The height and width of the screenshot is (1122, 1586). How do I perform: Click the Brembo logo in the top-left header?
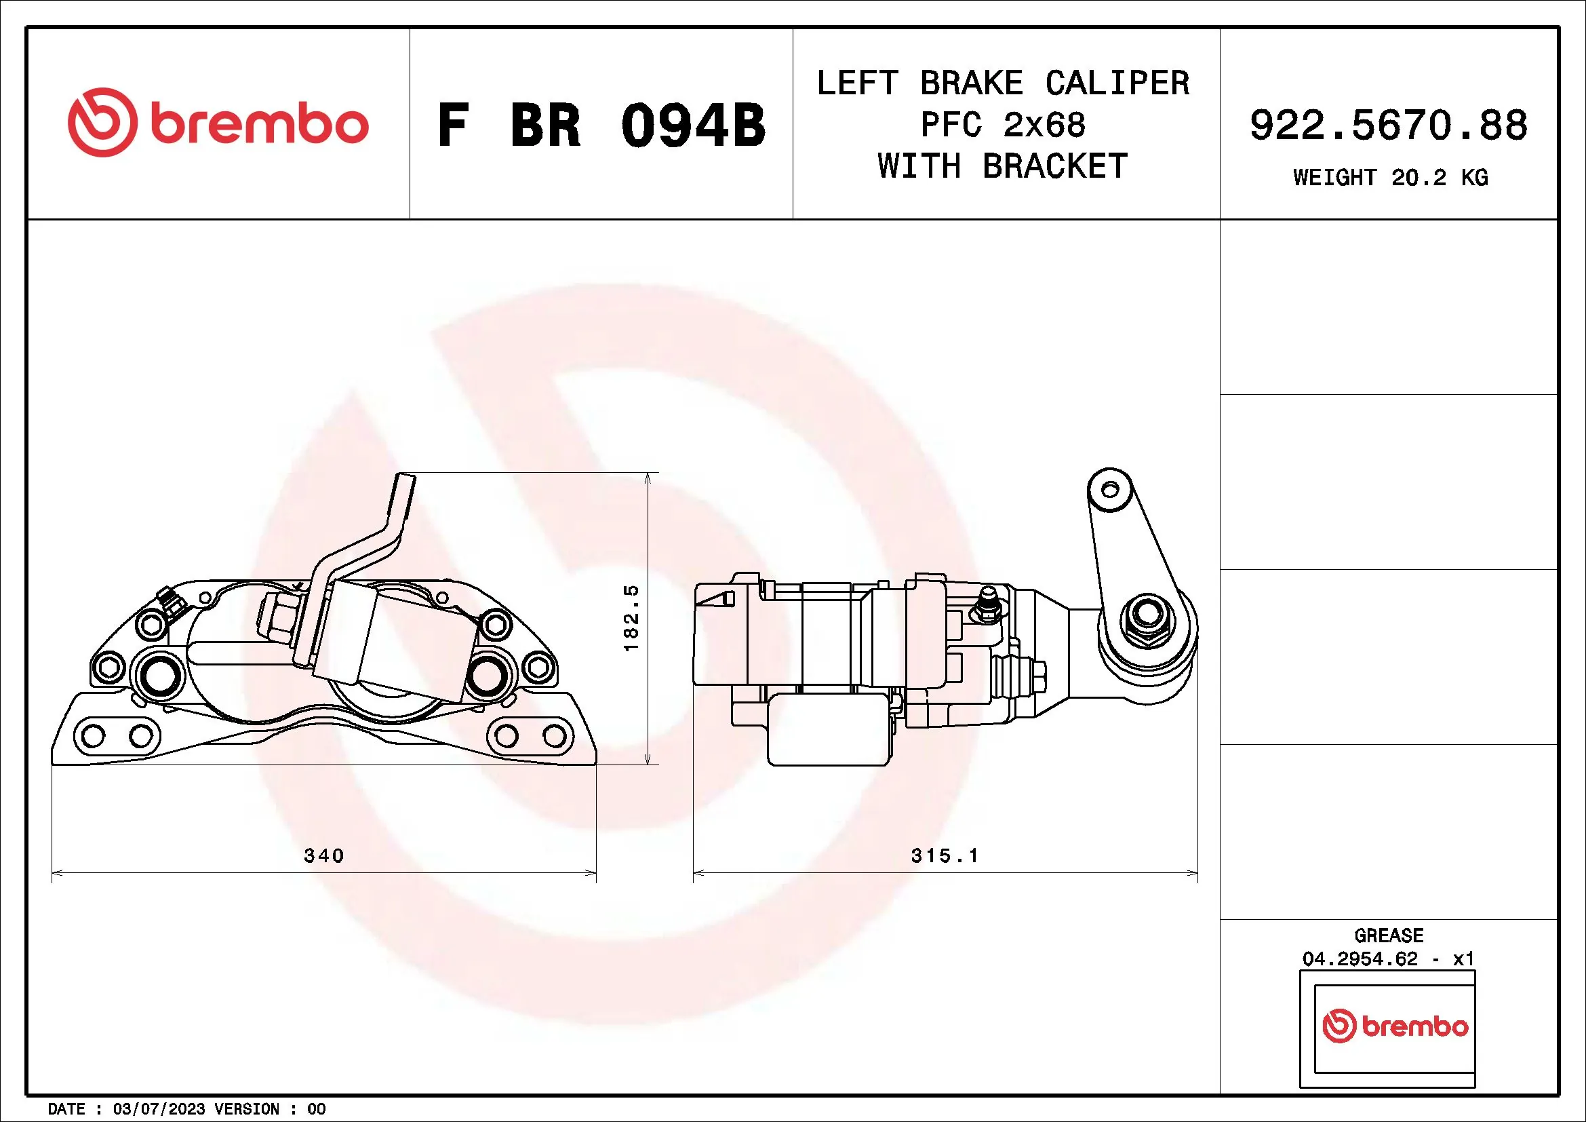[x=218, y=123]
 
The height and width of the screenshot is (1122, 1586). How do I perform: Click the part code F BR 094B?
[x=601, y=125]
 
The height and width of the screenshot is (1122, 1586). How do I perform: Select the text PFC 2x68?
[x=1003, y=125]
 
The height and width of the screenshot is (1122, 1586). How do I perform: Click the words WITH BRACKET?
[x=1003, y=166]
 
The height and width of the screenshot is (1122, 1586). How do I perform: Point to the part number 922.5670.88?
[x=1389, y=125]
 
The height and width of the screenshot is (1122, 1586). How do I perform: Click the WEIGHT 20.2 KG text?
[x=1390, y=178]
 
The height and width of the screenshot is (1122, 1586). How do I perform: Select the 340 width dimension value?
[x=324, y=855]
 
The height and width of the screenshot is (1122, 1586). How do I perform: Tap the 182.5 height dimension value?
[x=631, y=619]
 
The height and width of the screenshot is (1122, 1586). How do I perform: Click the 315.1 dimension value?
[x=945, y=855]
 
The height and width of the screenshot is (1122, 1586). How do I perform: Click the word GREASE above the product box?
[x=1389, y=935]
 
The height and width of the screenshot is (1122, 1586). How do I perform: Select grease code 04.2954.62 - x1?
[x=1389, y=959]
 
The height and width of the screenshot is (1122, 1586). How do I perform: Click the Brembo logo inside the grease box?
[x=1395, y=1026]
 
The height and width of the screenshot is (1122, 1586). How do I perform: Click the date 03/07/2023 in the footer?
[x=158, y=1109]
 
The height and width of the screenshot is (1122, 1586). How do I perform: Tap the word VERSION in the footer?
[x=247, y=1109]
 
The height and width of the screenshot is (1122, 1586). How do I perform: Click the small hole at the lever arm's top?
[x=1109, y=490]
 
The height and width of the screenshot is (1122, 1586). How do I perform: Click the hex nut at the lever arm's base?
[x=1147, y=613]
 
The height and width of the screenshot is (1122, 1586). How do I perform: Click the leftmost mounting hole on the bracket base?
[x=94, y=736]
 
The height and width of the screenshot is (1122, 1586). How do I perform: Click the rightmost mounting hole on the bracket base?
[x=554, y=736]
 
